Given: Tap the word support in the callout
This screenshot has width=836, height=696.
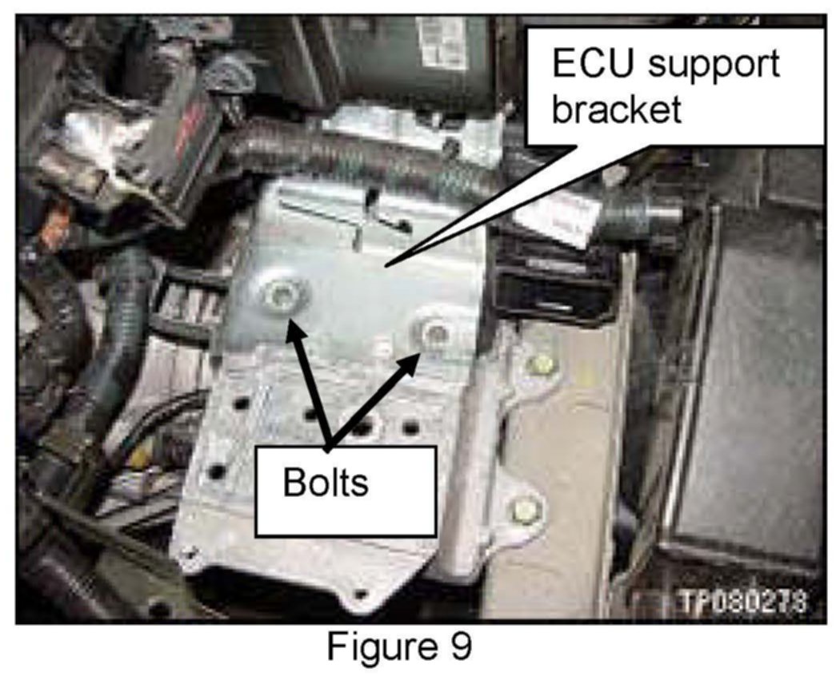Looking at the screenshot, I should (x=712, y=63).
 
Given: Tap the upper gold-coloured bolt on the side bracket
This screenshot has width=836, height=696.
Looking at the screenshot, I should (x=543, y=364).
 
